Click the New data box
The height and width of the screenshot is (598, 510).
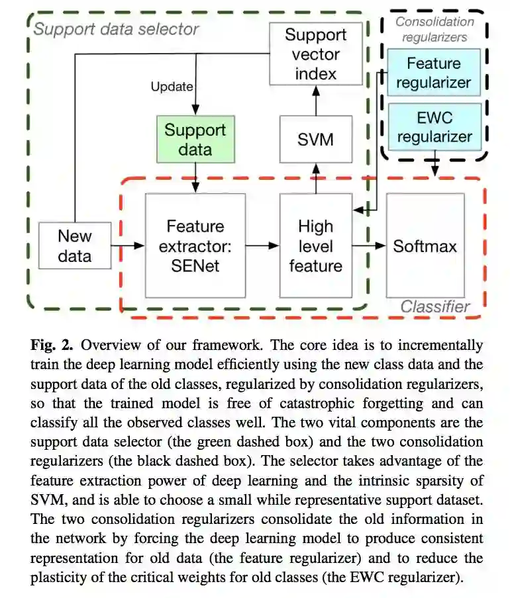74,245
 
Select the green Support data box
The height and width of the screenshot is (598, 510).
195,139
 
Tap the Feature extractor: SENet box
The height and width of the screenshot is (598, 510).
195,245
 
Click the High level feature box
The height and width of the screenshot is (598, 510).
315,245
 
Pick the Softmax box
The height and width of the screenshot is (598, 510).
425,245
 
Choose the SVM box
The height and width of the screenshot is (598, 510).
315,139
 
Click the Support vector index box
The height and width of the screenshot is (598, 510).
316,54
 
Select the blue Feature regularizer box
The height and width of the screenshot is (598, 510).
434,73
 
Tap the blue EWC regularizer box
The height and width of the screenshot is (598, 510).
434,127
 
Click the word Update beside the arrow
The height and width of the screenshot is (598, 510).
172,87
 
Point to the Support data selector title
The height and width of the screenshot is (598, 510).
116,29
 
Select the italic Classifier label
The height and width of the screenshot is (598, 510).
434,306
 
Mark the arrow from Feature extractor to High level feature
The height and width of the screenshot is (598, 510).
262,245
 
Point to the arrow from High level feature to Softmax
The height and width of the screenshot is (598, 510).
368,245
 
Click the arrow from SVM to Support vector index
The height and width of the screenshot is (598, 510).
316,100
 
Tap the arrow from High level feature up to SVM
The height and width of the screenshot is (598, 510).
316,178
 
